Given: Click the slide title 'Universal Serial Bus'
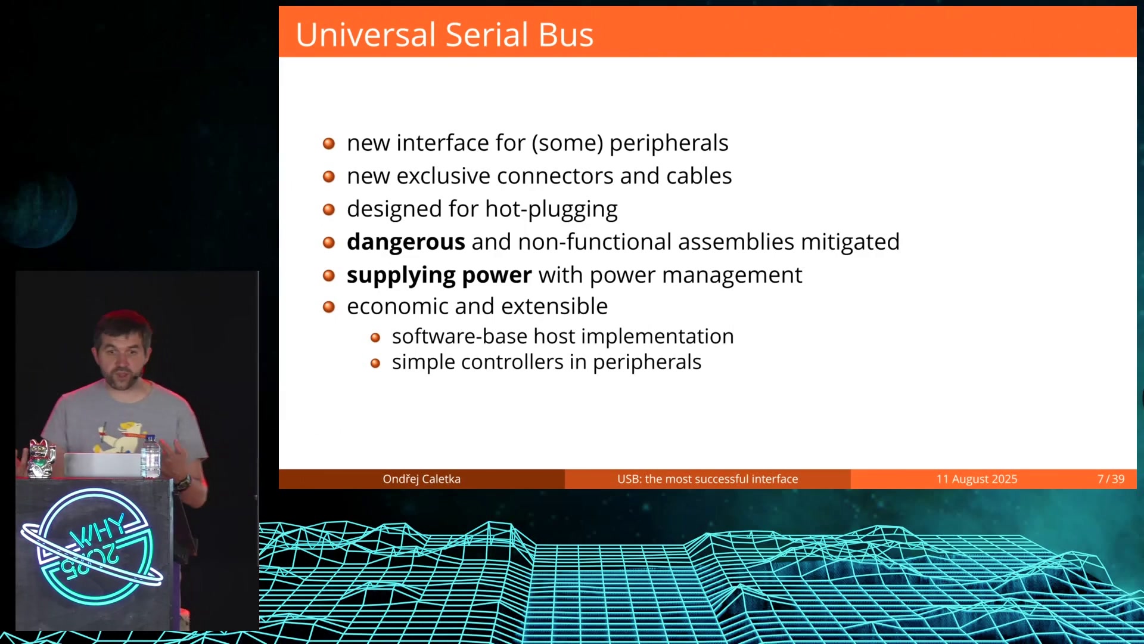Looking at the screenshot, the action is [444, 35].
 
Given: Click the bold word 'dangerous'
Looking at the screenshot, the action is [406, 242].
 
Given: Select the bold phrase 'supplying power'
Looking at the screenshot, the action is [439, 275].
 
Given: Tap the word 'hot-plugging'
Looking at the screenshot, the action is [551, 209].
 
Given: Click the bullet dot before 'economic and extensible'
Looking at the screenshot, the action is [329, 307].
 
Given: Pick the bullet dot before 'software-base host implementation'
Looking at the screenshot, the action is [375, 338].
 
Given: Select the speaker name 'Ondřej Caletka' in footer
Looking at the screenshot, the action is [421, 479].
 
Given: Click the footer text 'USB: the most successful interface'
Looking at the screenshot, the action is [707, 479].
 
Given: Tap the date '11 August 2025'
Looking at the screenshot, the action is [977, 479].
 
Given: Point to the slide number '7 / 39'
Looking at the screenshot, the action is [1111, 479].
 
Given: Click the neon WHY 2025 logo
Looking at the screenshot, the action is [92, 547].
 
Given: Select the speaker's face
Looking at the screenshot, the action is [123, 357].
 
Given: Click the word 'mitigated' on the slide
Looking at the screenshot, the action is [850, 242].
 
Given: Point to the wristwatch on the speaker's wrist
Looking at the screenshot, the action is [184, 482].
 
